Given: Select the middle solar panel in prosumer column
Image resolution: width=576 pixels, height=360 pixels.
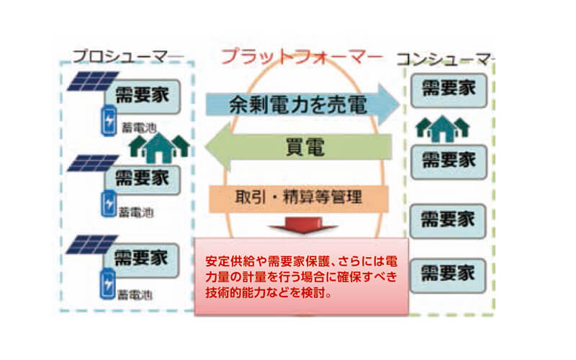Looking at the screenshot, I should pyautogui.click(x=87, y=163).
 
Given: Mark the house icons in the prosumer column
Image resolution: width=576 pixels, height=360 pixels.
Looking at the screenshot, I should pyautogui.click(x=159, y=146).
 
